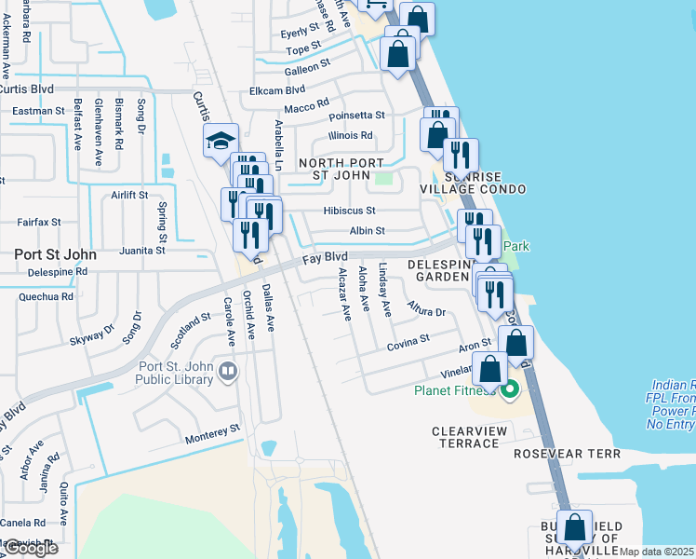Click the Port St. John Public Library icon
point(227,373)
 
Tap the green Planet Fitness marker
point(510,389)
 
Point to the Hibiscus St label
point(351,211)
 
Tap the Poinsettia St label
point(356,116)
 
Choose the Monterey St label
point(212,431)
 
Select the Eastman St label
point(38,111)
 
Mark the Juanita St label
point(142,251)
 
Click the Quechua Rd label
point(45,297)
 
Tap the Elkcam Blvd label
point(277,90)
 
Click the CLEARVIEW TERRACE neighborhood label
point(465,437)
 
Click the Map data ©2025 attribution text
point(657,552)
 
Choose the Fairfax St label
point(38,223)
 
